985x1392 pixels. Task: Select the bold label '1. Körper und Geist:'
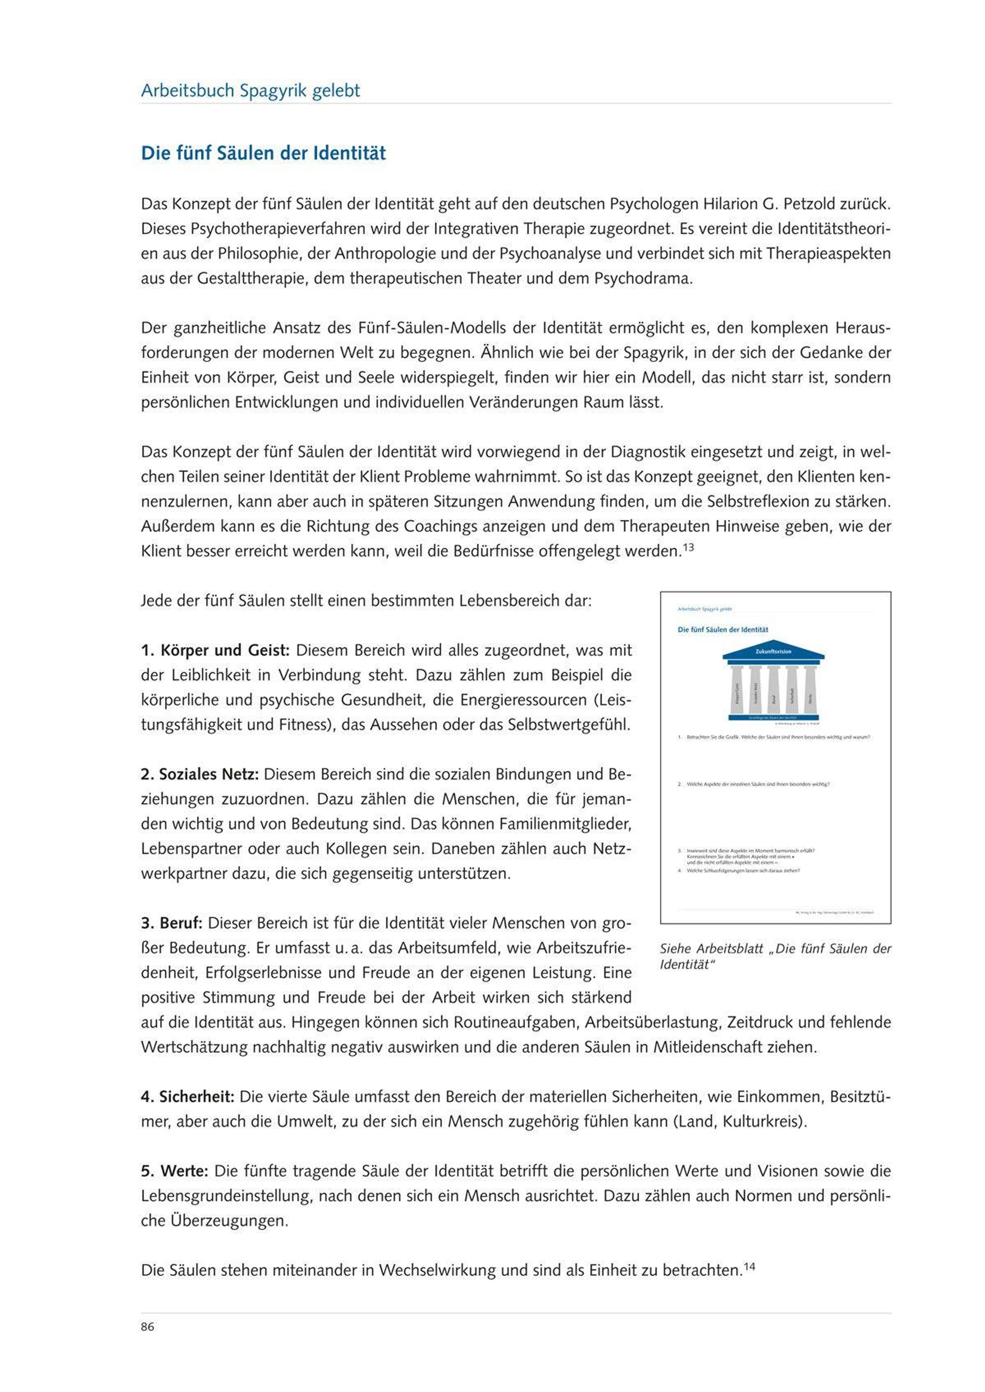tap(215, 650)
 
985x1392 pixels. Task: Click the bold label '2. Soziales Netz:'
tap(200, 774)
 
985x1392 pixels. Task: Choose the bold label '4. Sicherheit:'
tap(188, 1097)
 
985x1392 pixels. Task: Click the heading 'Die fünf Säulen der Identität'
tap(263, 153)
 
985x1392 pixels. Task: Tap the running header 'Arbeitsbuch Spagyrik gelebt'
tap(250, 91)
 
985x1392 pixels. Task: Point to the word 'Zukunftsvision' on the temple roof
tap(773, 652)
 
